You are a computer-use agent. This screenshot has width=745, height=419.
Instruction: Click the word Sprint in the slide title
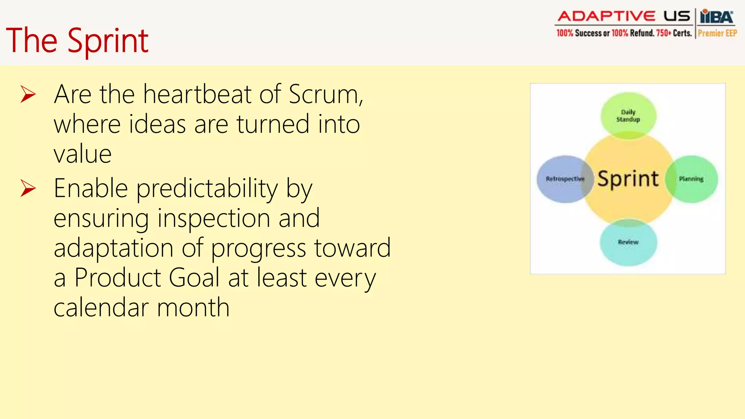pyautogui.click(x=108, y=41)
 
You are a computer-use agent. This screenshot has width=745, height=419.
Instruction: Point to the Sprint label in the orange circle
pyautogui.click(x=628, y=179)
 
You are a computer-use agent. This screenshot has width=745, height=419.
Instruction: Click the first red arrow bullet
pyautogui.click(x=28, y=94)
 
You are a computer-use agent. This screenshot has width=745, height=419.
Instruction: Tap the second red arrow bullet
pyautogui.click(x=28, y=188)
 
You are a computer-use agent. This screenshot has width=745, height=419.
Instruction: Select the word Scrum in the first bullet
pyautogui.click(x=325, y=95)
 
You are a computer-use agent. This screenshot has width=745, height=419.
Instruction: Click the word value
pyautogui.click(x=83, y=154)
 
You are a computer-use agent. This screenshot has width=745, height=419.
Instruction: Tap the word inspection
pyautogui.click(x=214, y=219)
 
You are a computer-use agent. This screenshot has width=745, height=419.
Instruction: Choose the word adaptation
pyautogui.click(x=113, y=248)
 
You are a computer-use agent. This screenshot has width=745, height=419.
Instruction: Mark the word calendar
pyautogui.click(x=101, y=308)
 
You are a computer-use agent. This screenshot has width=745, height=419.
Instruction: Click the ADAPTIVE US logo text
pyautogui.click(x=624, y=16)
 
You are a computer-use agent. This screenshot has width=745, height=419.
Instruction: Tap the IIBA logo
pyautogui.click(x=717, y=17)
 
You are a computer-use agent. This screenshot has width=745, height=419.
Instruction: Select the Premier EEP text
pyautogui.click(x=717, y=33)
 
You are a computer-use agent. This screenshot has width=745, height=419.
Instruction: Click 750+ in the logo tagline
pyautogui.click(x=664, y=33)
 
